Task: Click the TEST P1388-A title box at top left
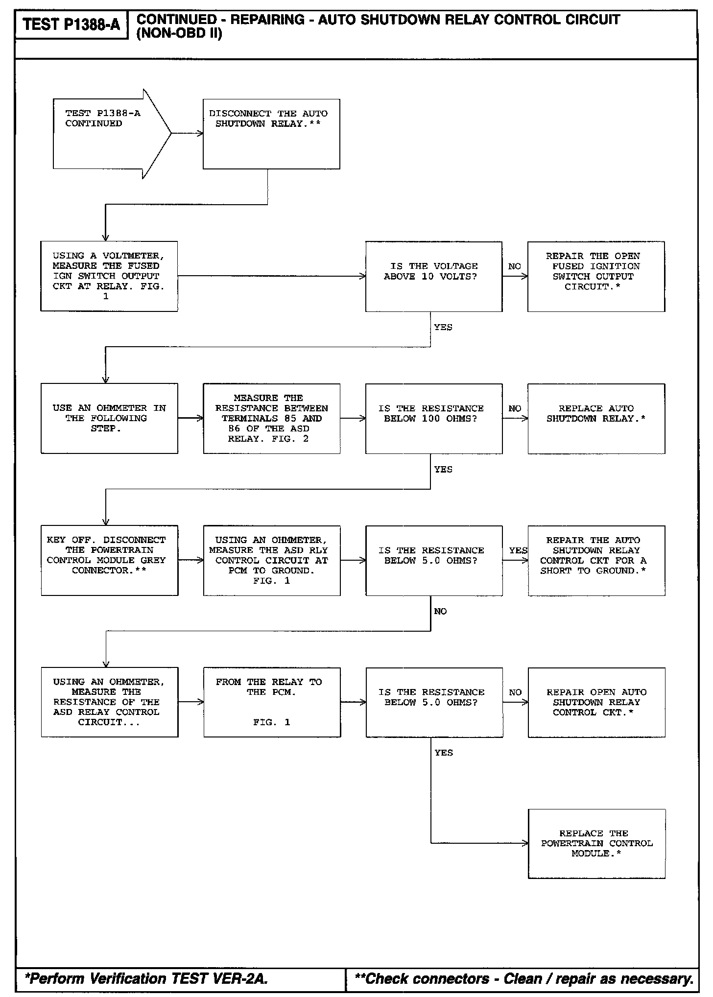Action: [71, 24]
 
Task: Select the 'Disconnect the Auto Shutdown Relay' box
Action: [271, 134]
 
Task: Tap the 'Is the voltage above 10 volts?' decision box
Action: [433, 276]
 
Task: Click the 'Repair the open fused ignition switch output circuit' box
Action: [596, 276]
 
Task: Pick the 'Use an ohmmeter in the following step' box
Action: [109, 418]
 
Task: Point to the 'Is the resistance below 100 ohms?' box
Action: [433, 418]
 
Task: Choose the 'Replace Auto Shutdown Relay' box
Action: [596, 418]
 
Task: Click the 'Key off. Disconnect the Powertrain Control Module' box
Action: [109, 560]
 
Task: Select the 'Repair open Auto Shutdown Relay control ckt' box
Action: [596, 702]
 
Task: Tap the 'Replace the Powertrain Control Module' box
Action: [596, 843]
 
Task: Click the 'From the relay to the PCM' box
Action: [272, 702]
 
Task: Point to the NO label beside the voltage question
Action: [514, 266]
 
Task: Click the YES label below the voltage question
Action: [443, 327]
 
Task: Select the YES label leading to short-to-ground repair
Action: [518, 550]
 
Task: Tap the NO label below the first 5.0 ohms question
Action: [440, 611]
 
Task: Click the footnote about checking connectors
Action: [523, 978]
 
